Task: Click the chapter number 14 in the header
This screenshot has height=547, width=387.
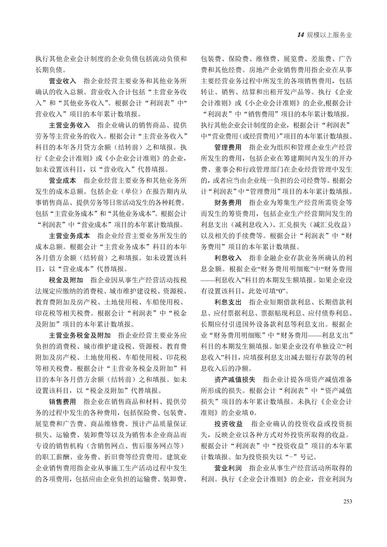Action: [301, 35]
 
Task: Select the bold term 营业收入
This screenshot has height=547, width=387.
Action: [62, 81]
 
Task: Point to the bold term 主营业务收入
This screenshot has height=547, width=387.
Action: [69, 125]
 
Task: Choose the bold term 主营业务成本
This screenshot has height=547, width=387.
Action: [69, 236]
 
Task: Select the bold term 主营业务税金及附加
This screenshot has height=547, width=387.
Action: [80, 335]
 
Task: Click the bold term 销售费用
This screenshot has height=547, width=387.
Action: [62, 402]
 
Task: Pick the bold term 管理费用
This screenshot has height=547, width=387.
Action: [228, 148]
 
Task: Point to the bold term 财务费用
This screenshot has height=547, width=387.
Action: [228, 203]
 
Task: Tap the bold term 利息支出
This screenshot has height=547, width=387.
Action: [228, 302]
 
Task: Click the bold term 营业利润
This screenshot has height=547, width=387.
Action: [228, 468]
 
